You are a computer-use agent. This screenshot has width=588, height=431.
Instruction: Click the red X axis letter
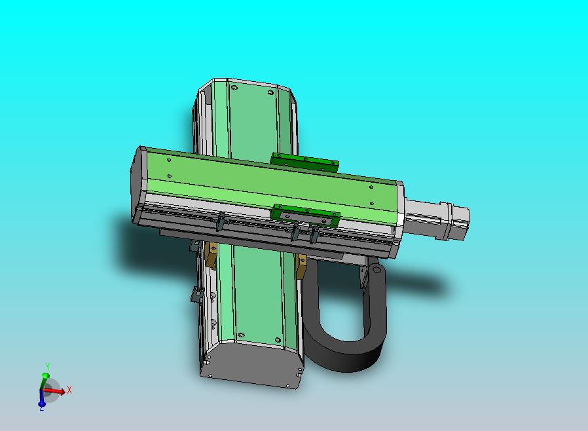coord(69,390)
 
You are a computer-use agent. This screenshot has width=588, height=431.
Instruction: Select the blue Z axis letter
coord(42,408)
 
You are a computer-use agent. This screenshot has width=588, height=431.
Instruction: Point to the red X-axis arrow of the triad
coord(54,392)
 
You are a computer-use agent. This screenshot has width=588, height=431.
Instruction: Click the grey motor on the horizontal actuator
coord(437,219)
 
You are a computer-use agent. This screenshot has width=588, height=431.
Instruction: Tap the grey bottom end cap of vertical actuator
coord(251,365)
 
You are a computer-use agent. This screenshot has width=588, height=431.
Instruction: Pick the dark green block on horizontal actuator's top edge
coord(305,162)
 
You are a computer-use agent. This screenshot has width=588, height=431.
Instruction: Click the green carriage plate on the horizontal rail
coord(306,216)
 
